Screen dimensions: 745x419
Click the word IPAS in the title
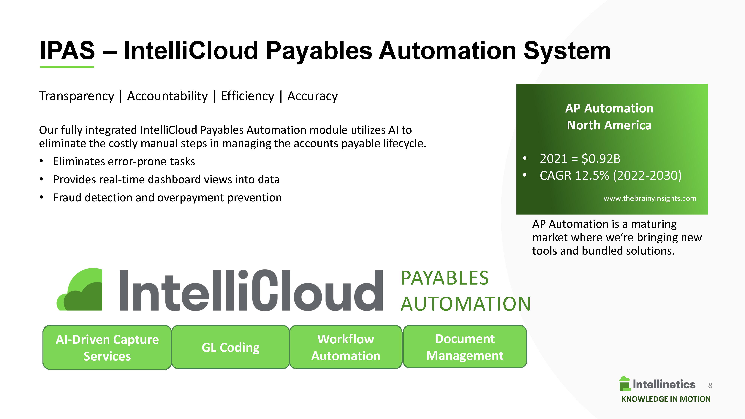click(x=67, y=51)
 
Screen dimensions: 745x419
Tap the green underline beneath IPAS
click(x=67, y=67)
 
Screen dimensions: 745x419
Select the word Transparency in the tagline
click(x=77, y=96)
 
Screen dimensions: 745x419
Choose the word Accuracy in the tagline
click(x=312, y=96)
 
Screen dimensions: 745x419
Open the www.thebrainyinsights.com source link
click(x=650, y=198)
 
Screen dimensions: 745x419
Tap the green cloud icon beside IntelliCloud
click(x=80, y=289)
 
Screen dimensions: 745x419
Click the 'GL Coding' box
click(x=230, y=347)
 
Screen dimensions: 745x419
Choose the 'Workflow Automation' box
click(x=346, y=347)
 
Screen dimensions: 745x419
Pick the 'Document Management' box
click(x=465, y=347)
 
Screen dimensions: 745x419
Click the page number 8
click(x=710, y=385)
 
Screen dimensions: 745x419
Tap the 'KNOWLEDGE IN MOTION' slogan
click(x=666, y=399)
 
